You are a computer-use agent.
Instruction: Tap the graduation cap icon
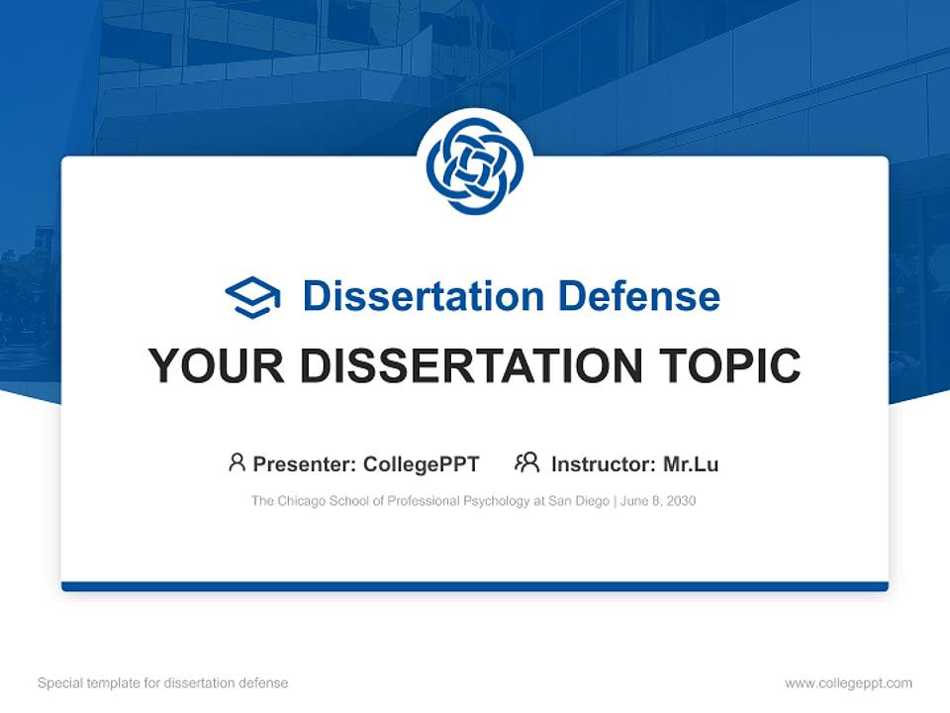[x=252, y=297]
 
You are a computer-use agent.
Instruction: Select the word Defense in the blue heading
[x=638, y=296]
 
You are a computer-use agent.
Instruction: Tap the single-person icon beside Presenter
[x=237, y=462]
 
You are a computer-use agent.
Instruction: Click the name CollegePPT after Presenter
[x=422, y=464]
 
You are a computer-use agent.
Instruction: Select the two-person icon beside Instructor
[x=526, y=462]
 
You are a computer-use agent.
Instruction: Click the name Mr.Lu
[x=691, y=464]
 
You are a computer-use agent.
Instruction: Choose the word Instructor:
[x=603, y=464]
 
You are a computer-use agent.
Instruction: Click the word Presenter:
[x=305, y=464]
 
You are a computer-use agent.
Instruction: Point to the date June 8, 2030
[x=659, y=501]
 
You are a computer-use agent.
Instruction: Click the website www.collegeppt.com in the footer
[x=848, y=683]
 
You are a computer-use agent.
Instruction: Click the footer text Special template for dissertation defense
[x=163, y=683]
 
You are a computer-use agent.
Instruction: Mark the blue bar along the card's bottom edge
[x=474, y=586]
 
